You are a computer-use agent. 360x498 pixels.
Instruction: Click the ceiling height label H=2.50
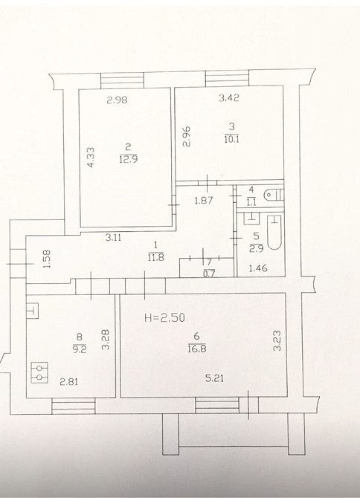[164, 317]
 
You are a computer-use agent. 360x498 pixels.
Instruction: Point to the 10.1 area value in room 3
[231, 139]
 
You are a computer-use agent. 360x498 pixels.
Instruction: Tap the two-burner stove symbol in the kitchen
[39, 372]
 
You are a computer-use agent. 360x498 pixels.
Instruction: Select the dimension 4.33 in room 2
[91, 157]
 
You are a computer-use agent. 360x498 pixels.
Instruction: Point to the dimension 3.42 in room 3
[229, 98]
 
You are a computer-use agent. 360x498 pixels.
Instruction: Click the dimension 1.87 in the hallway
[203, 201]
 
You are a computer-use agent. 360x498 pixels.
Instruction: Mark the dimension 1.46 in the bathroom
[257, 268]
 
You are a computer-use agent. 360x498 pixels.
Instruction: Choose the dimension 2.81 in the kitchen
[69, 382]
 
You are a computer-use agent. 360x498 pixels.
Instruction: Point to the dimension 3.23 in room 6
[277, 340]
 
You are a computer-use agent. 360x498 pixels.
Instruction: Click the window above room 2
[122, 80]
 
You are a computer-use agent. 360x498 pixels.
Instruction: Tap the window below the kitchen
[74, 406]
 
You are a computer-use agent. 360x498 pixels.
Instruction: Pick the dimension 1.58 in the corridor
[47, 259]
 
